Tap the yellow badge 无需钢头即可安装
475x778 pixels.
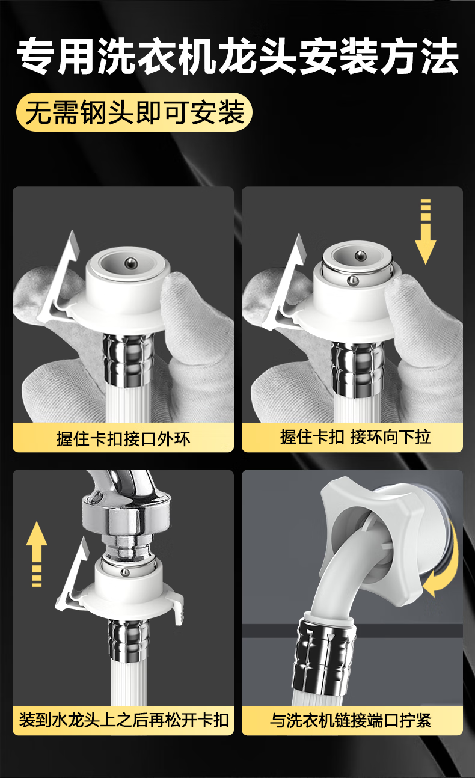point(134,112)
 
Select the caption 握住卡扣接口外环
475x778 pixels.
point(123,438)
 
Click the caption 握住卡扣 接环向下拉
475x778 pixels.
point(355,437)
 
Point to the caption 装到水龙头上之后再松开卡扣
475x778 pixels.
point(124,720)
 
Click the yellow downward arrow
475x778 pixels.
point(425,231)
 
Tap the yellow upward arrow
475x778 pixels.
point(37,554)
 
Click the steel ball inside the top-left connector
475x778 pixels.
point(131,262)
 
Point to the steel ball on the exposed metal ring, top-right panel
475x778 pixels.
point(353,280)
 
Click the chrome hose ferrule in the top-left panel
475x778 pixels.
point(128,360)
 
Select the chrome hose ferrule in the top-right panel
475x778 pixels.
point(358,368)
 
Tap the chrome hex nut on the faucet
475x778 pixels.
point(126,516)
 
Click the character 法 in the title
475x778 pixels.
point(440,57)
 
